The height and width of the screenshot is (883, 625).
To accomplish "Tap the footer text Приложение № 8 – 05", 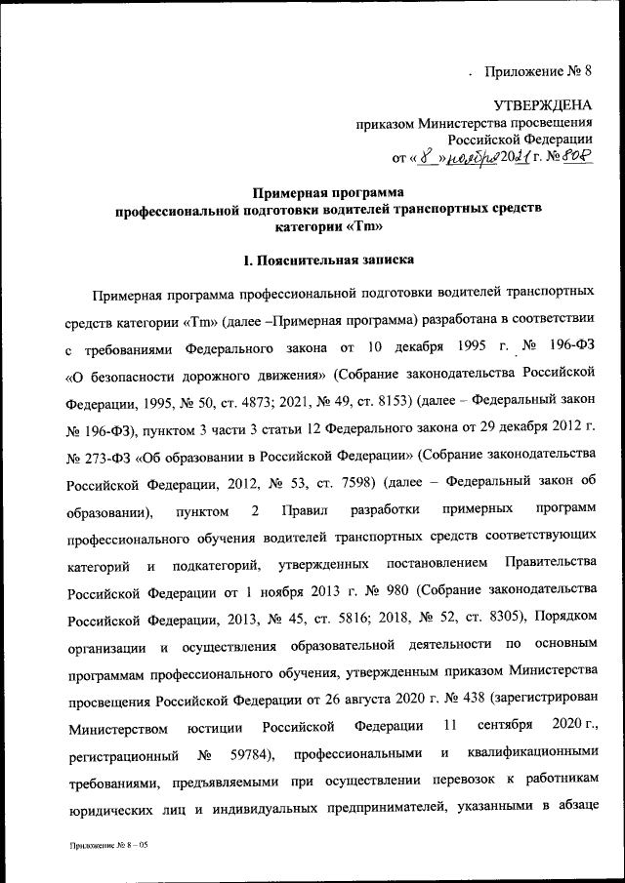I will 108,851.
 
